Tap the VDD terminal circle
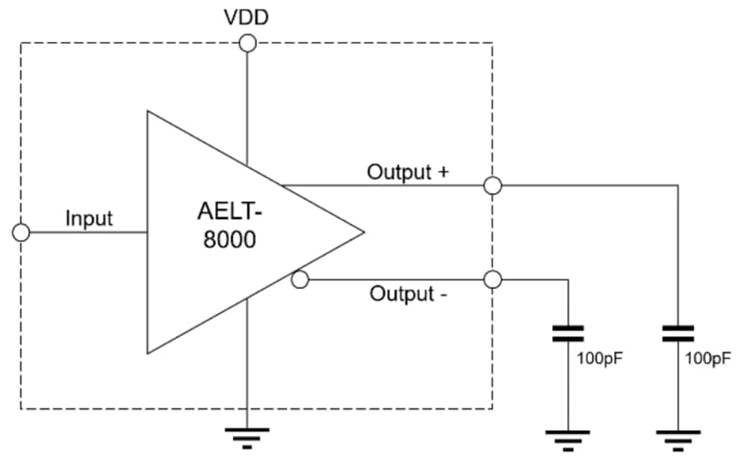(247, 43)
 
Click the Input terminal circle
(22, 232)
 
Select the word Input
(89, 218)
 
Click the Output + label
(407, 172)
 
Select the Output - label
(409, 293)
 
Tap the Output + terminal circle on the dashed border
(492, 185)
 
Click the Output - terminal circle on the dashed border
(492, 280)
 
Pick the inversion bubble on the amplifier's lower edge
(300, 280)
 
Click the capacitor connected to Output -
(568, 333)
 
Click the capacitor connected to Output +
(678, 333)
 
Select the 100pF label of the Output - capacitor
(599, 358)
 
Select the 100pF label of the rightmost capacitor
(708, 358)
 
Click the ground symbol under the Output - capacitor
(568, 439)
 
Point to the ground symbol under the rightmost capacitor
(678, 439)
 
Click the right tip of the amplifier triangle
(362, 232)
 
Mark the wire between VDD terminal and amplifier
(247, 97)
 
